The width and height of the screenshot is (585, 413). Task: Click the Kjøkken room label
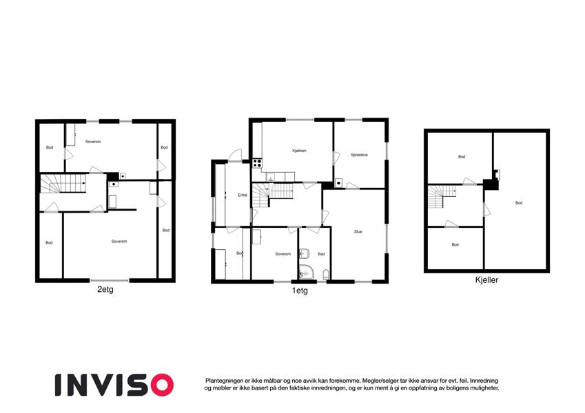coord(299,151)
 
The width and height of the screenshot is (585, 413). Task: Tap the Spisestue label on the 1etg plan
coord(359,155)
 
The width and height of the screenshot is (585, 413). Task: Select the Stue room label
coord(358,232)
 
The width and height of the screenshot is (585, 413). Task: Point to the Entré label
coord(243,195)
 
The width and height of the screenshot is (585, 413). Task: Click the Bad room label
coord(321,254)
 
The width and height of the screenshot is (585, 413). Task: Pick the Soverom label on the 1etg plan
coord(283,254)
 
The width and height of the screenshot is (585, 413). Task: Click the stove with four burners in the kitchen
coord(257,163)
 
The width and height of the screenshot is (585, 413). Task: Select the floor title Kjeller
coord(486,281)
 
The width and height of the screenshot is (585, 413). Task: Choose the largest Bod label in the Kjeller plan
coord(518,203)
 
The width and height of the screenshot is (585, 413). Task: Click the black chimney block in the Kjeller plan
coord(491,183)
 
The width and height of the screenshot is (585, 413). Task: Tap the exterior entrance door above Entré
coord(235,156)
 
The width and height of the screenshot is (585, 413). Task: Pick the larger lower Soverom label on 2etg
coord(119,242)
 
